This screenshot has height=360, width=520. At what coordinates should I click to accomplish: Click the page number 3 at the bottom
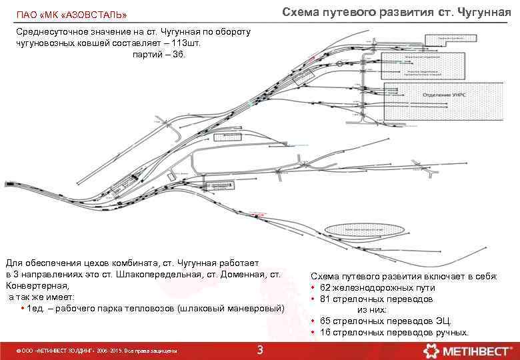[x=260, y=351]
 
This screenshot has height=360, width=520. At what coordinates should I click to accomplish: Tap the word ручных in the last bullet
[x=453, y=333]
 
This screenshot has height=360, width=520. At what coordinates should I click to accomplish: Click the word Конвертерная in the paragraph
[x=33, y=286]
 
